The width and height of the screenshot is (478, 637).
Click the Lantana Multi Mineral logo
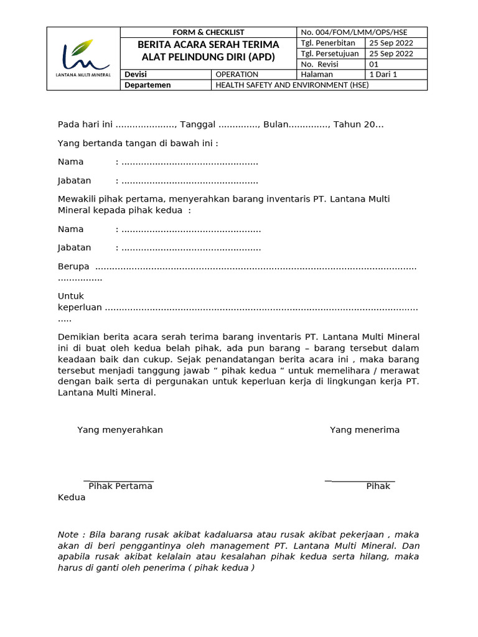pyautogui.click(x=83, y=58)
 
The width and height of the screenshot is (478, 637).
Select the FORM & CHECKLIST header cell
pyautogui.click(x=208, y=32)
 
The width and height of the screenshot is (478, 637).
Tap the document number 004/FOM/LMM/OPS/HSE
pyautogui.click(x=354, y=32)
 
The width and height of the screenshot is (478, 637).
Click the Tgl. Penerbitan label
pyautogui.click(x=328, y=43)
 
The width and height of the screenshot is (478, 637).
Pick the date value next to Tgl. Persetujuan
pyautogui.click(x=391, y=53)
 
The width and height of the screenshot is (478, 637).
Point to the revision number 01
pyautogui.click(x=374, y=64)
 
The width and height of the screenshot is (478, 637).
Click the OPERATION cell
pyautogui.click(x=237, y=75)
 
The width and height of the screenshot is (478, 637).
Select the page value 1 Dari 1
pyautogui.click(x=383, y=75)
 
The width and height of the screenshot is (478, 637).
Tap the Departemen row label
pyautogui.click(x=148, y=85)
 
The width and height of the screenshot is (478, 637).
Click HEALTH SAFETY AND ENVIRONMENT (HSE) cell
pyautogui.click(x=292, y=85)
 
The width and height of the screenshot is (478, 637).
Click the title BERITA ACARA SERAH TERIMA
pyautogui.click(x=208, y=45)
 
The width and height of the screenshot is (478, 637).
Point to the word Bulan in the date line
pyautogui.click(x=276, y=124)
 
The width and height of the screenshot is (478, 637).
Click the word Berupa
pyautogui.click(x=73, y=266)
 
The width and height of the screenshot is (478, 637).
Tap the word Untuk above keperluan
pyautogui.click(x=71, y=296)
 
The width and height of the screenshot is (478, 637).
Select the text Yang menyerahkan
pyautogui.click(x=120, y=430)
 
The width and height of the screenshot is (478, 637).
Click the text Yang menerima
pyautogui.click(x=365, y=430)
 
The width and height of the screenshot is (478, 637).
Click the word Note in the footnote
pyautogui.click(x=68, y=535)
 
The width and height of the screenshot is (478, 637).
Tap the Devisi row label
pyautogui.click(x=136, y=75)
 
